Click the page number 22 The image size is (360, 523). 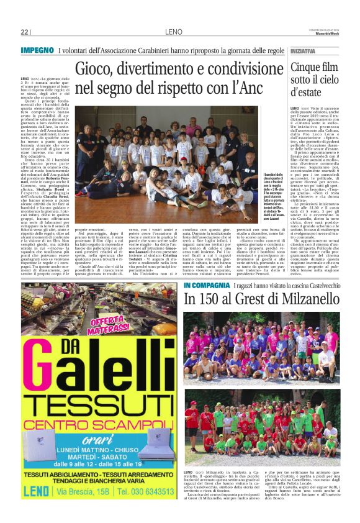coord(25,32)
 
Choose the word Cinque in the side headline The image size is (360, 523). coord(307,65)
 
